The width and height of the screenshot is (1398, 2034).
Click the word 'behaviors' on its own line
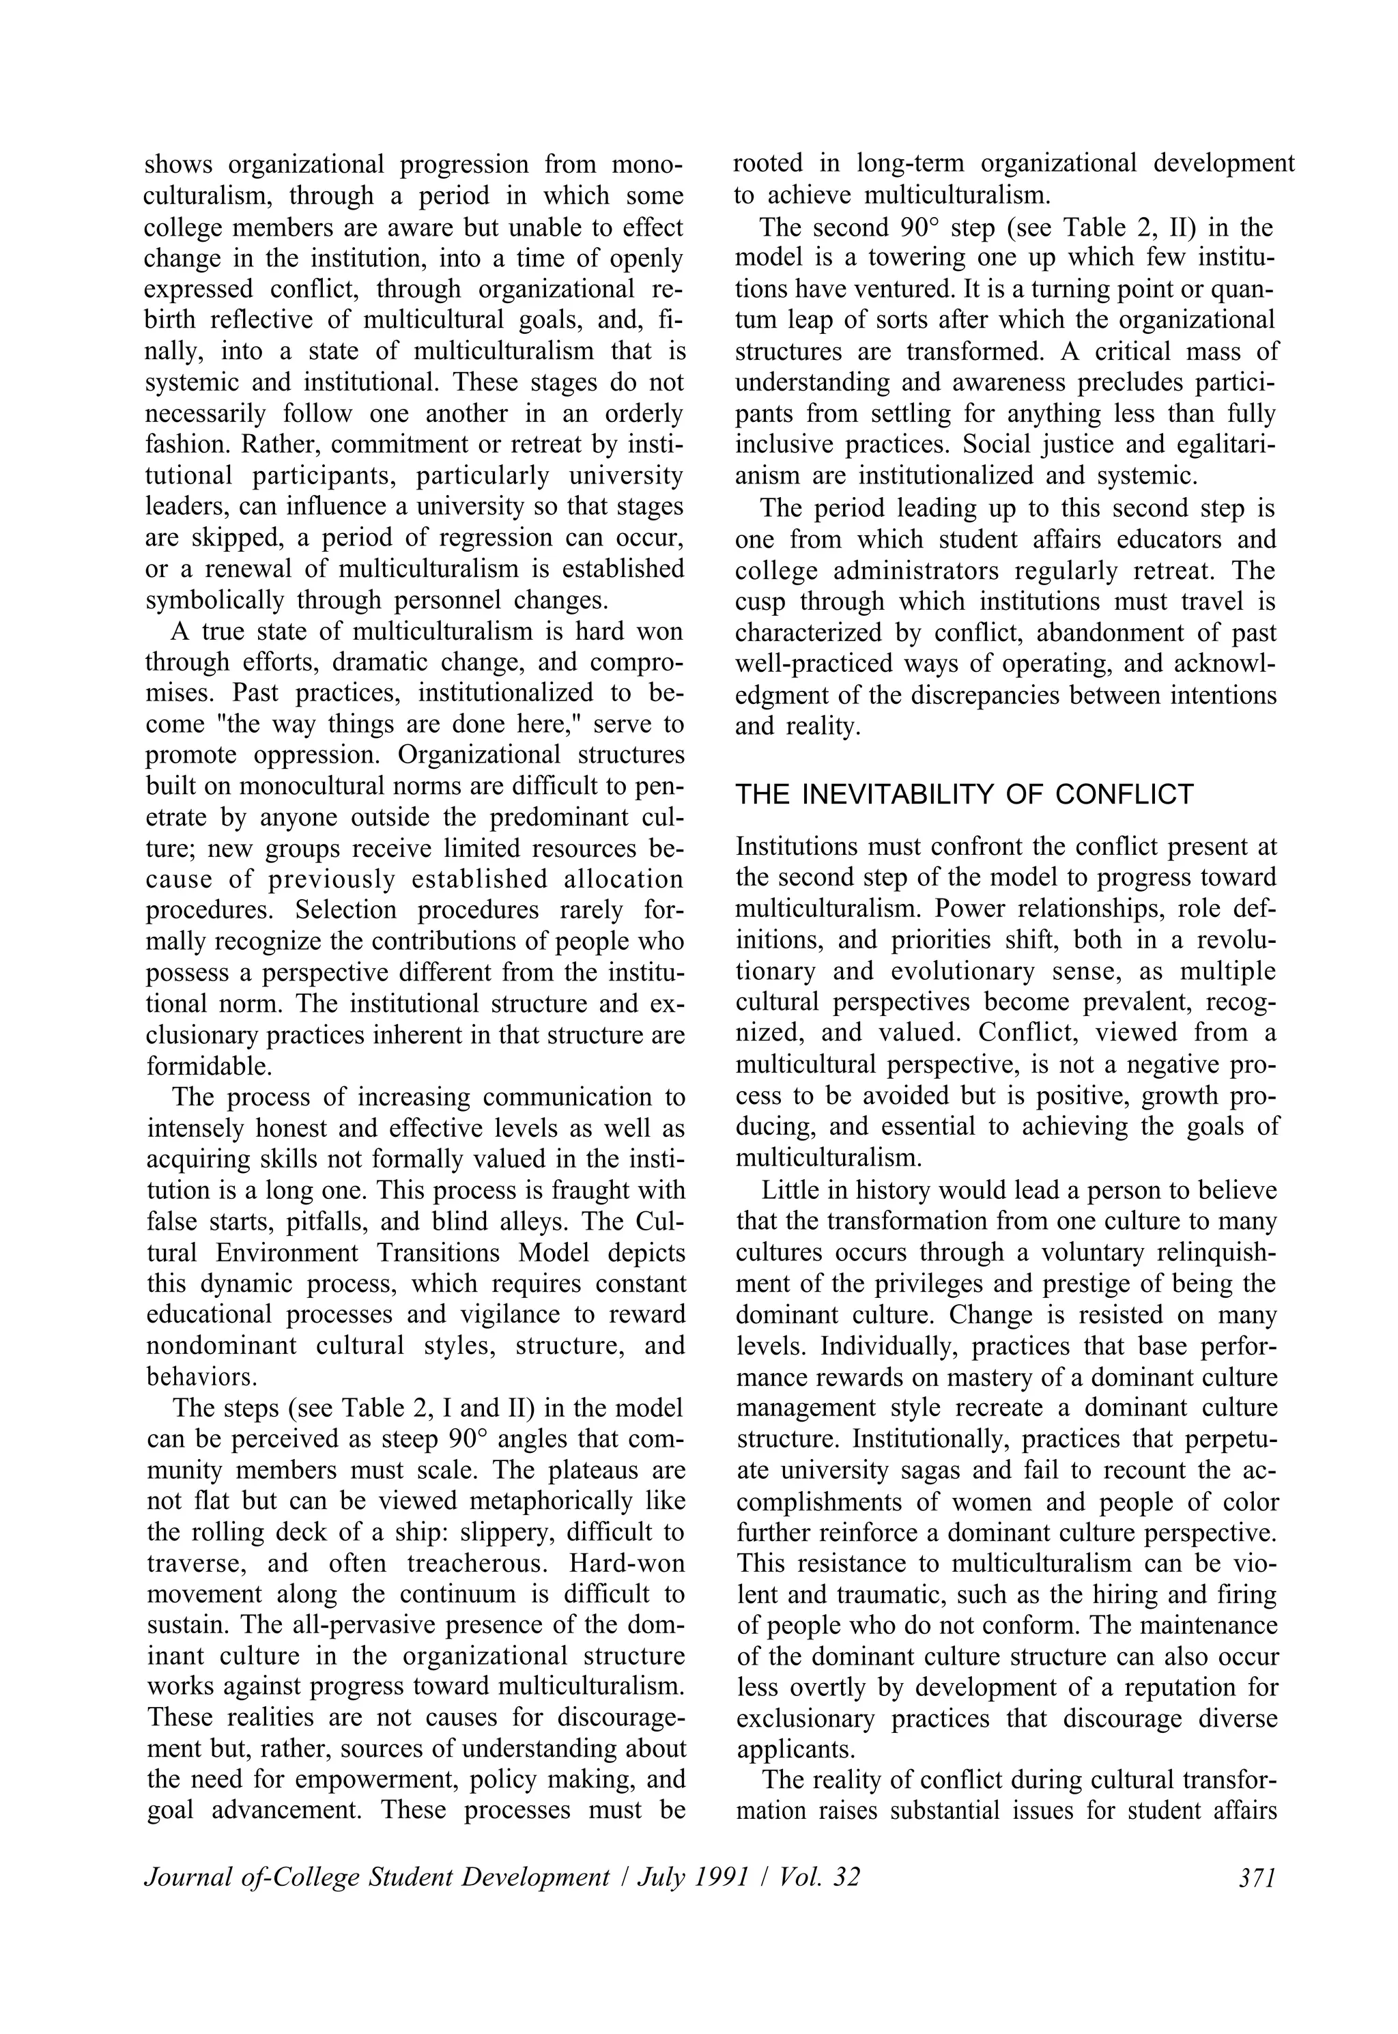(201, 1376)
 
